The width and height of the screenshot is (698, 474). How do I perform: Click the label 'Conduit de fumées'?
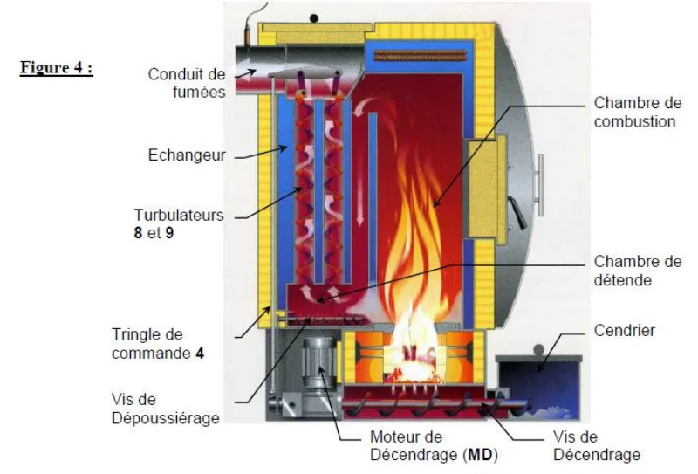pyautogui.click(x=187, y=82)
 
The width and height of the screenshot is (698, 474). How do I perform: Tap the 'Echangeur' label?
pyautogui.click(x=187, y=155)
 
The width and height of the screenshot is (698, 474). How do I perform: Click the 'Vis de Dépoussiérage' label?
pyautogui.click(x=165, y=409)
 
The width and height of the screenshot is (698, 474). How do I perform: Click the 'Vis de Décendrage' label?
pyautogui.click(x=597, y=445)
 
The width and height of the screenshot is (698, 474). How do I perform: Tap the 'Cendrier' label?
pyautogui.click(x=624, y=331)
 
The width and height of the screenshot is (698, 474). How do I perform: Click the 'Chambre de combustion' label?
pyautogui.click(x=635, y=113)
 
